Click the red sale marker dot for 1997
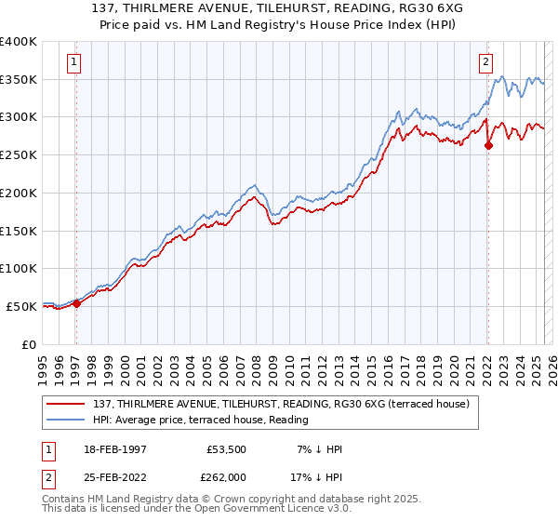point(77,303)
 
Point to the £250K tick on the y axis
point(19,154)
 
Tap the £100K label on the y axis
point(19,268)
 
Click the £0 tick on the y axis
point(29,344)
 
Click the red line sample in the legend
point(66,404)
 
